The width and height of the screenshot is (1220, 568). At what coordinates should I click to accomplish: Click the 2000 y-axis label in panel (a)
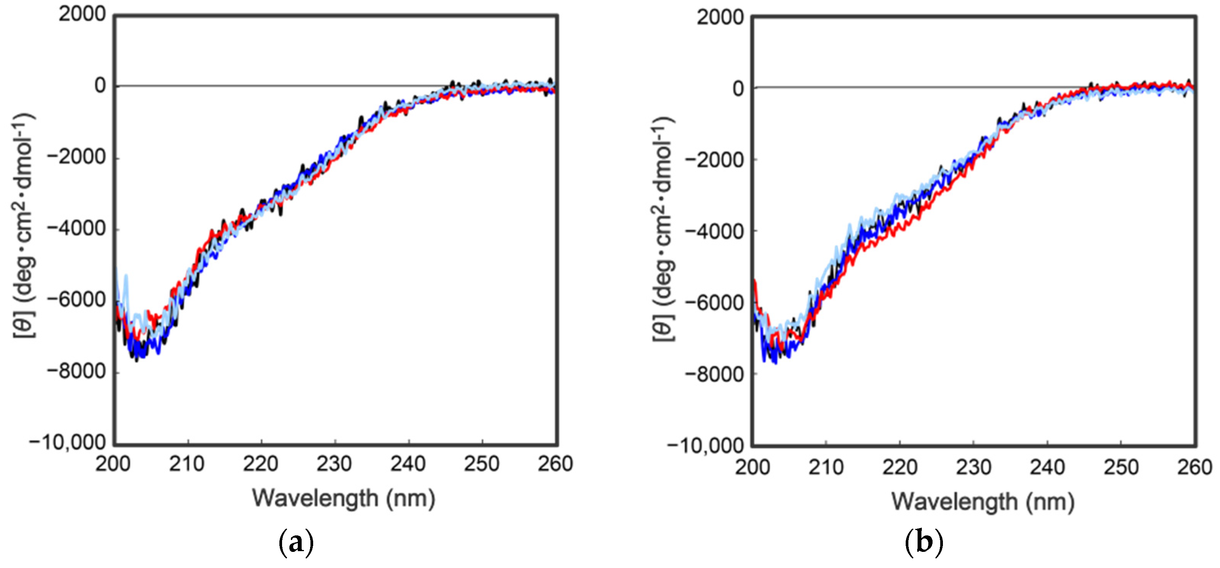click(82, 14)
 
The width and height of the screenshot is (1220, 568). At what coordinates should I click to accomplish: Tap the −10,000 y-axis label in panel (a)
click(67, 442)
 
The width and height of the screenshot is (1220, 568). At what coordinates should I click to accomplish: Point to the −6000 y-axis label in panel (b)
click(714, 303)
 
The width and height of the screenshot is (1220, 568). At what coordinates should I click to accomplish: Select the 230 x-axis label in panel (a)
click(334, 463)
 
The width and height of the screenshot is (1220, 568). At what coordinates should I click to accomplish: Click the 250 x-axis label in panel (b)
click(1121, 467)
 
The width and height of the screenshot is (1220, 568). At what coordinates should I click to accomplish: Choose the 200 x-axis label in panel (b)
click(753, 467)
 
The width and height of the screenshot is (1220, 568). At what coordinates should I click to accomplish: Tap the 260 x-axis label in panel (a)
click(555, 463)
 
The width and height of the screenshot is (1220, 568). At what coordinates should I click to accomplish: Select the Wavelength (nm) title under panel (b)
click(983, 501)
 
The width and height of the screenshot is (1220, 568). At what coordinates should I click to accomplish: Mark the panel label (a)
click(296, 542)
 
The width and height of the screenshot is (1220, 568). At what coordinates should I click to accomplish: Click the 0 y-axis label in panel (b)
click(738, 89)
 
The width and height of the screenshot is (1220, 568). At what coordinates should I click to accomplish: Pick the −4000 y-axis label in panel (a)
click(76, 229)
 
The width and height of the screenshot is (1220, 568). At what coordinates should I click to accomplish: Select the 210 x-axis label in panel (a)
click(187, 463)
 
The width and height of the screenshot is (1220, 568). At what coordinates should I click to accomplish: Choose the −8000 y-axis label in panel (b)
click(714, 374)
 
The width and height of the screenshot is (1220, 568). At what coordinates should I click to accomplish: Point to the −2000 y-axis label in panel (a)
click(76, 157)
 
